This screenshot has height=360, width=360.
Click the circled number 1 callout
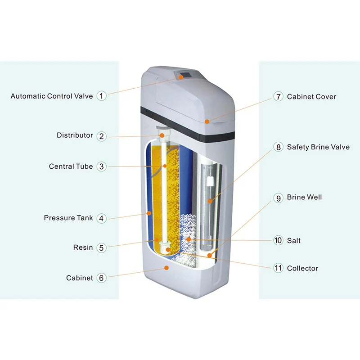[x=102, y=96]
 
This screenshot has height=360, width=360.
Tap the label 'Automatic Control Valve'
[x=52, y=96]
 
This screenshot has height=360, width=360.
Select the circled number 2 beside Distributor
[x=102, y=135]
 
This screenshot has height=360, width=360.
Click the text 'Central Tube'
[x=71, y=166]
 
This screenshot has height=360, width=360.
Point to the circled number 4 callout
[x=102, y=218]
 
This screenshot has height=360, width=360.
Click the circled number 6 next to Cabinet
[x=102, y=278]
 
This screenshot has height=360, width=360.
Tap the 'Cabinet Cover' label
[x=311, y=97]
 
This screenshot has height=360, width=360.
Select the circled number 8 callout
[x=278, y=147]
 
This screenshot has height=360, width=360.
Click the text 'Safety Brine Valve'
[x=318, y=147]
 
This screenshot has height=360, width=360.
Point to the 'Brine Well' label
[x=304, y=198]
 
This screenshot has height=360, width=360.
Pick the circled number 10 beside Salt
[x=278, y=241]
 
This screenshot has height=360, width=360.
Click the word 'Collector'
[x=302, y=268]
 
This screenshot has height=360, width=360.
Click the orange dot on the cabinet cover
[x=207, y=121]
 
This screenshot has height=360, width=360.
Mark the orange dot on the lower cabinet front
[x=166, y=268]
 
